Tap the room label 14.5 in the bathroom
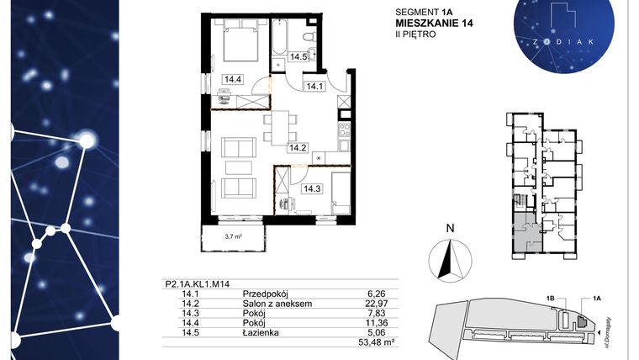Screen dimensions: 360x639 tap(297, 57)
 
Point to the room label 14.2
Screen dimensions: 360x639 tap(298, 148)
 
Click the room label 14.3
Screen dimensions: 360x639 tap(313, 189)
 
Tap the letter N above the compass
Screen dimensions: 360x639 tap(450, 227)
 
